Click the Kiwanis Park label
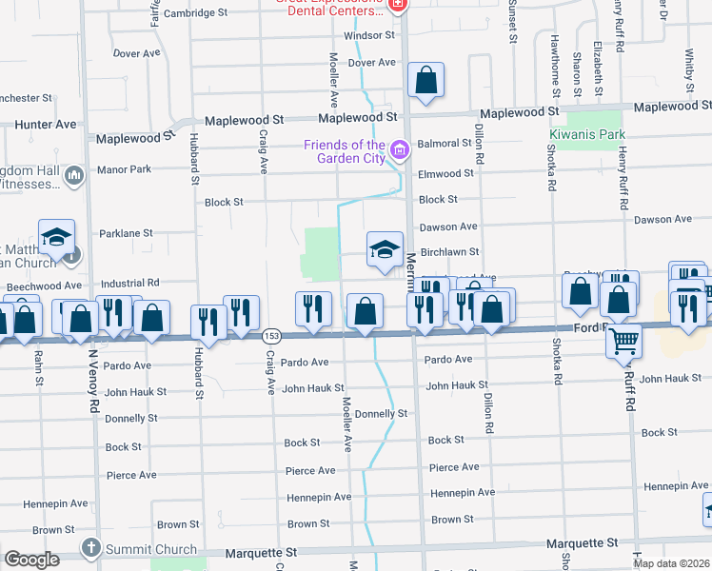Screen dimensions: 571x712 pos(586,134)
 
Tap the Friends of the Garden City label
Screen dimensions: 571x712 pos(345,151)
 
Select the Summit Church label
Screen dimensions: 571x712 pos(150,549)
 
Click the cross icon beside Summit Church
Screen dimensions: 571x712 pos(90,548)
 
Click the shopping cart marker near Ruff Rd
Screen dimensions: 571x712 pos(624,339)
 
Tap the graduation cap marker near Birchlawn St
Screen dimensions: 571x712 pos(385,249)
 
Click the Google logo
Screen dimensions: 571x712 pos(31,560)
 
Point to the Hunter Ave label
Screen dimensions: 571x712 pos(45,125)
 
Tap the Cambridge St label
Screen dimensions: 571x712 pos(196,13)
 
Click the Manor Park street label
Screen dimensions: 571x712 pos(124,169)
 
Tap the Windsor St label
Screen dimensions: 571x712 pos(369,35)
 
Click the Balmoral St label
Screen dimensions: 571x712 pos(445,144)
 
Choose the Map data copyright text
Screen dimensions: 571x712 pos(670,563)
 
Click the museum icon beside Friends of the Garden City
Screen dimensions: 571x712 pos(400,149)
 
